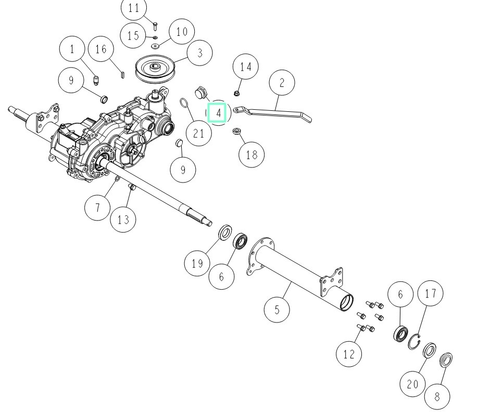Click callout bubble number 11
click(133, 8)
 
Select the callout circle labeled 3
click(199, 53)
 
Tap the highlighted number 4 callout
click(218, 112)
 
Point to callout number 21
click(199, 133)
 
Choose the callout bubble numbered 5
click(277, 310)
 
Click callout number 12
click(349, 354)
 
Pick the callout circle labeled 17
click(430, 293)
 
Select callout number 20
click(412, 384)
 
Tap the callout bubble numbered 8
click(437, 396)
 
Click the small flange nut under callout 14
click(237, 92)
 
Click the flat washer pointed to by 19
click(225, 233)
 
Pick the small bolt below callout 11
click(155, 26)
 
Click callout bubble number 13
click(123, 219)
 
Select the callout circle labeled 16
click(101, 49)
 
